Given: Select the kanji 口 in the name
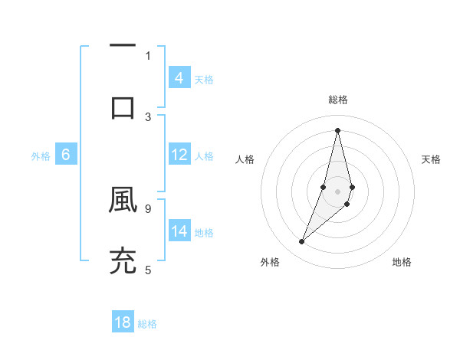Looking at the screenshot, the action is click(123, 107).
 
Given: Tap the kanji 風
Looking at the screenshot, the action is click(123, 199).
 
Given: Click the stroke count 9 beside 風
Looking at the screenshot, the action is click(147, 208).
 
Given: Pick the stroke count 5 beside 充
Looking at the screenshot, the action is click(147, 269).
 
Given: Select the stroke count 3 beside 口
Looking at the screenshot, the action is click(147, 116).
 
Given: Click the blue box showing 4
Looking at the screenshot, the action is click(179, 78).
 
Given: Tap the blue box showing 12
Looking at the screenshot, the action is click(179, 155).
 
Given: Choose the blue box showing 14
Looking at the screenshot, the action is click(179, 231).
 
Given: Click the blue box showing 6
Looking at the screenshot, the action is click(66, 155).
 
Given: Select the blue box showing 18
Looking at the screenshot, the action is click(123, 322).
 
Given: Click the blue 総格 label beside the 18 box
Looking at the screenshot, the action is click(147, 324).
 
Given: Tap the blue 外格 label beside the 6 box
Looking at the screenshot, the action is click(41, 155).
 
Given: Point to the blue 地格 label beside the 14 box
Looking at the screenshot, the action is click(204, 232).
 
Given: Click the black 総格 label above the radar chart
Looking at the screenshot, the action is click(337, 100).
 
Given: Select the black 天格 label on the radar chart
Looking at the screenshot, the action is click(431, 159).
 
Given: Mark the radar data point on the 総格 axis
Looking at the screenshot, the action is click(337, 130).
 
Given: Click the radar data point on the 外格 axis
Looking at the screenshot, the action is click(301, 242).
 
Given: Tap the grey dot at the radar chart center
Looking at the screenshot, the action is click(337, 191).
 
